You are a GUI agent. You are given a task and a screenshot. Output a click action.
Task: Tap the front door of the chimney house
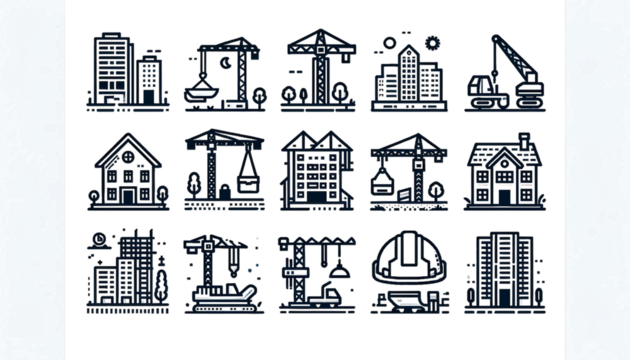coord(504,190)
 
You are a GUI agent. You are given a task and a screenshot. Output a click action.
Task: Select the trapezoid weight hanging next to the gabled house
coord(244,180)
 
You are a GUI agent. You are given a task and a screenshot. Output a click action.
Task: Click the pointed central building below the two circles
coord(408,75)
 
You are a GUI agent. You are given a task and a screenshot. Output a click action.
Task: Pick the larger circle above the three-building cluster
coord(432,42)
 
